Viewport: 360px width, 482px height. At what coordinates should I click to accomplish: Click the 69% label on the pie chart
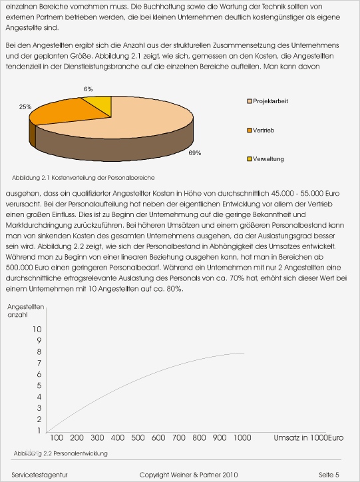(194, 153)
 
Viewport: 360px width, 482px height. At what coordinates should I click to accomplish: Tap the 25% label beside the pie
(25, 107)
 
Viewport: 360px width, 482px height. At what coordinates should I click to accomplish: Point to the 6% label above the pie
(88, 89)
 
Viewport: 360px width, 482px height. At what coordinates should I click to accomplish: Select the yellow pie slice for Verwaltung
(101, 104)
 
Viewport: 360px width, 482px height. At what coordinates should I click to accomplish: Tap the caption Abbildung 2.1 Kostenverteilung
(83, 178)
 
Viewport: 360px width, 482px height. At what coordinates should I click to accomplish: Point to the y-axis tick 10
(36, 329)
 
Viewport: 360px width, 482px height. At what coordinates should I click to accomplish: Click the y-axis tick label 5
(39, 385)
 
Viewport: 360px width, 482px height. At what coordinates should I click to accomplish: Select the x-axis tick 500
(138, 437)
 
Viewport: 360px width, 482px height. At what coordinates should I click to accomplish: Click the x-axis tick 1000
(242, 437)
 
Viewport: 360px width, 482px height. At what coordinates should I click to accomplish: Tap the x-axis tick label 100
(57, 437)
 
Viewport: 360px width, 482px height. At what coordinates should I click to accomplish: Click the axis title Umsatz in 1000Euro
(308, 437)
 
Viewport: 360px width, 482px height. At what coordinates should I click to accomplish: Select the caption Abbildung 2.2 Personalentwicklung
(61, 453)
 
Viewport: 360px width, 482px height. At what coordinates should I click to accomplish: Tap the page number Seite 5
(329, 474)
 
